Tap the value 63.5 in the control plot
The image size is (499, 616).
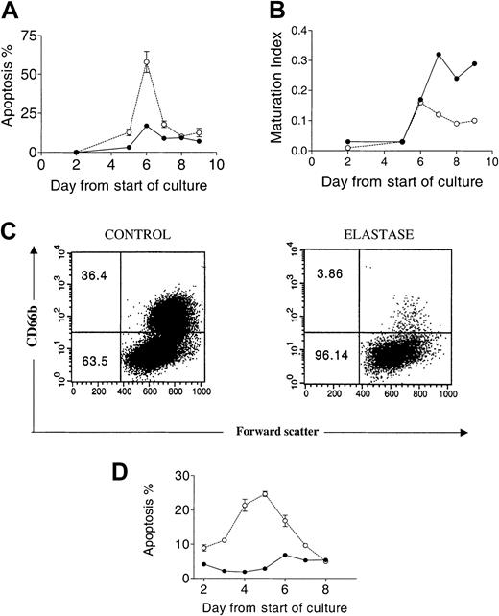click(91, 363)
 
